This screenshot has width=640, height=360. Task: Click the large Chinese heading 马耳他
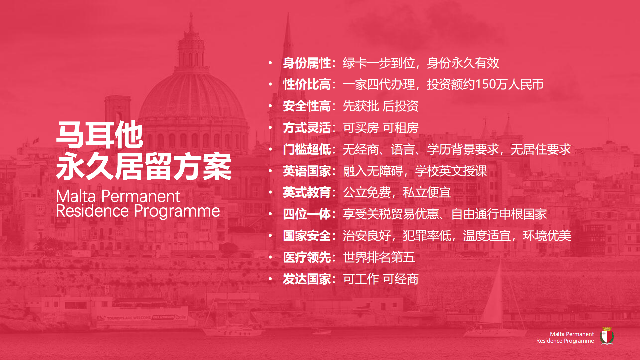tap(100, 135)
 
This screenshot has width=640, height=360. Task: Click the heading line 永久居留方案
tap(144, 166)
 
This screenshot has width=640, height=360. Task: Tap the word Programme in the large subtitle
tap(177, 211)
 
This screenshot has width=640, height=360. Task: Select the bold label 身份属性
tap(307, 63)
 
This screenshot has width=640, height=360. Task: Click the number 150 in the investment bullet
tap(485, 84)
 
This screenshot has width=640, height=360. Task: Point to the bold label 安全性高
tap(307, 106)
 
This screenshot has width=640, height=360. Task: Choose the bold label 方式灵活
tap(307, 128)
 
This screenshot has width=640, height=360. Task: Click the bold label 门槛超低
tap(307, 149)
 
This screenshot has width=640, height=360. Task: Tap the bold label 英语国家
tap(307, 171)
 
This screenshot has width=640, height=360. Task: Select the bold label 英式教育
tap(307, 192)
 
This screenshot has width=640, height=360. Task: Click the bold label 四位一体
tap(307, 214)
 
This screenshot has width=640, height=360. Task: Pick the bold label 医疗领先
tap(307, 257)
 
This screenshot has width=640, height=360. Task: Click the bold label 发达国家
tap(307, 279)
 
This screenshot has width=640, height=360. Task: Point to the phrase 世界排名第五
tap(379, 257)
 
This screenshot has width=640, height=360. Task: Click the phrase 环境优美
tap(547, 236)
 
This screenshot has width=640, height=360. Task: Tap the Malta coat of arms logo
tap(607, 336)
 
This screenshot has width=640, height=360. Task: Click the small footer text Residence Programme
tap(565, 341)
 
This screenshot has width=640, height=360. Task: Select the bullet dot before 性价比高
tap(270, 84)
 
